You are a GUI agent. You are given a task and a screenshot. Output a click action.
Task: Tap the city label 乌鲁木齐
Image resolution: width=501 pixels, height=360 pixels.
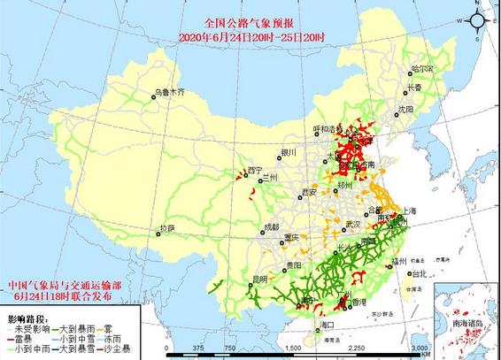pos(170,90)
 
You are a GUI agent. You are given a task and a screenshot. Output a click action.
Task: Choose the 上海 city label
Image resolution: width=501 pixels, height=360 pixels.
pos(409,211)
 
